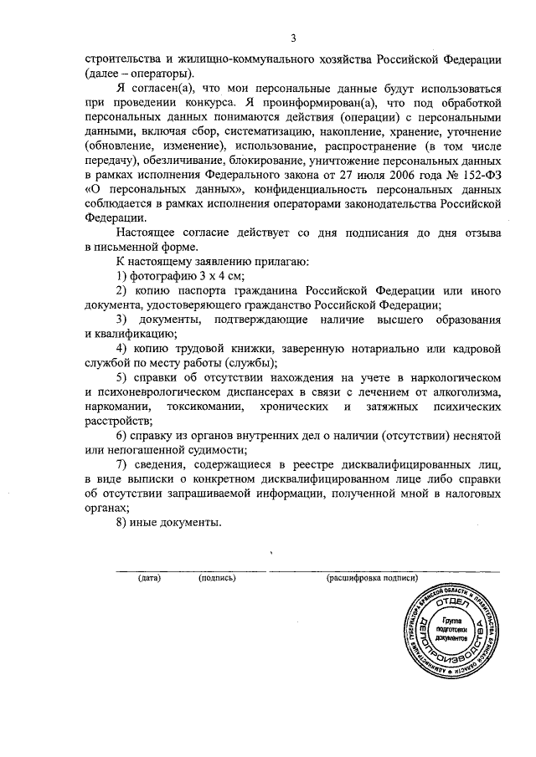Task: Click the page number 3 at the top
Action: coord(293,38)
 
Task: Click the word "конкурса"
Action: coord(214,102)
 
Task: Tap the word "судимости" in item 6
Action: coord(207,451)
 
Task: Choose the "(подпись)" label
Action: coord(217,578)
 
